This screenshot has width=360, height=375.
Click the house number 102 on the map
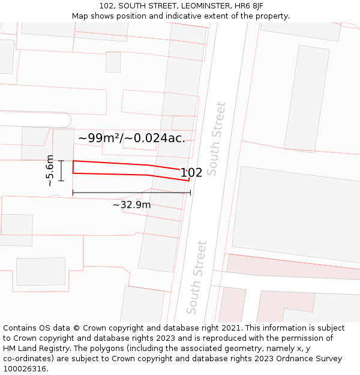pos(191,173)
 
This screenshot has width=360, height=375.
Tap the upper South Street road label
pos(217,139)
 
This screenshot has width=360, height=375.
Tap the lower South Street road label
pos(197,277)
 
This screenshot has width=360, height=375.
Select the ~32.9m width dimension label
pos(131,205)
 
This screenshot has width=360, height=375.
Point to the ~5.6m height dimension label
pos(50,170)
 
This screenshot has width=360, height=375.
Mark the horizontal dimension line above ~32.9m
pos(131,193)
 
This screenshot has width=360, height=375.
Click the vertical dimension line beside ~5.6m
pos(61,170)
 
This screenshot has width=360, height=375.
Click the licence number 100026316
pos(23,368)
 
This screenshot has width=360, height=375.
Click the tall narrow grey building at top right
pos(307,99)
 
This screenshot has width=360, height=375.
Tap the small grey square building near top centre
pos(113,62)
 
